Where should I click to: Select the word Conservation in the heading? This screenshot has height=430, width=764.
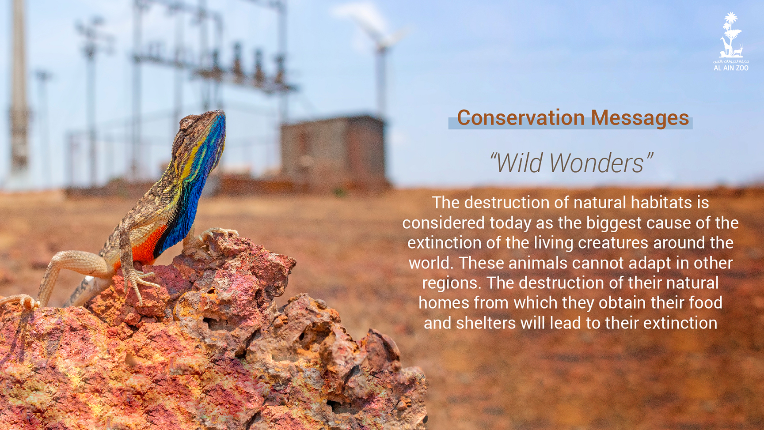coord(521,118)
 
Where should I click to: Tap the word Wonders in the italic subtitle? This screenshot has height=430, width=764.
coord(601,163)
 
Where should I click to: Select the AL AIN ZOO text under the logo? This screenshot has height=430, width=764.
coord(731,68)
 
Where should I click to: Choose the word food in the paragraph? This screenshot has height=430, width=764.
coord(706,303)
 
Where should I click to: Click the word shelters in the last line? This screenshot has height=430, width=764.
coord(486,323)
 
